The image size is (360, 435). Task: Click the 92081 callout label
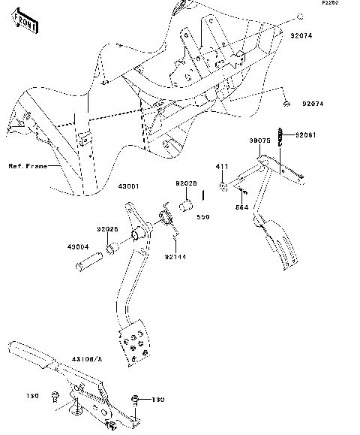tap(305, 134)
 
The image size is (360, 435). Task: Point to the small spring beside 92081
tap(282, 136)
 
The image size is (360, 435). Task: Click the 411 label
tap(222, 165)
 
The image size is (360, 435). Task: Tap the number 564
tap(241, 207)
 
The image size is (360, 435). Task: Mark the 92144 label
tap(176, 257)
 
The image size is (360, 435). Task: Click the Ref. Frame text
tap(28, 166)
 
